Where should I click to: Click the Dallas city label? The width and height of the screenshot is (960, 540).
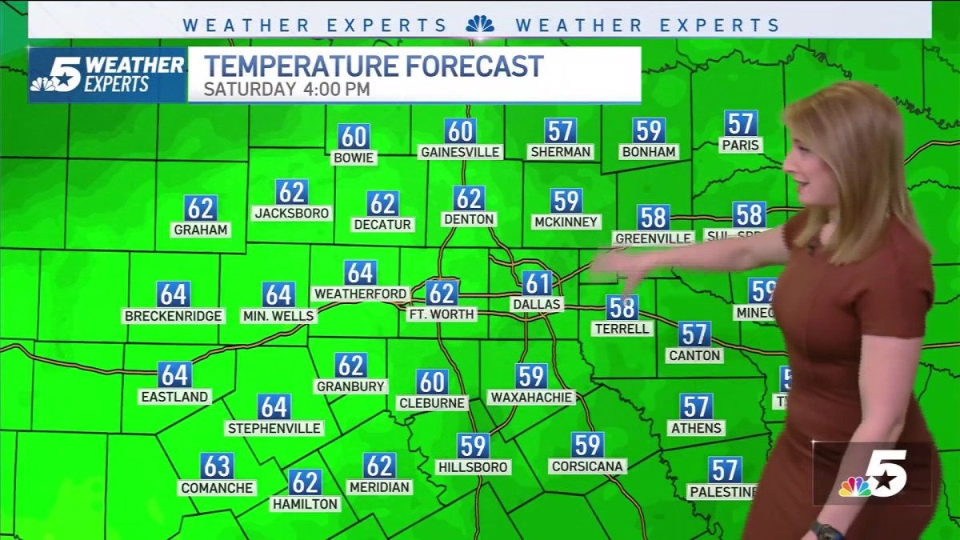pyautogui.click(x=537, y=305)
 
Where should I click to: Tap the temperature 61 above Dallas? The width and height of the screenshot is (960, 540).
pyautogui.click(x=537, y=283)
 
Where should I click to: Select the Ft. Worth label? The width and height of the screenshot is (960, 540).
pyautogui.click(x=442, y=314)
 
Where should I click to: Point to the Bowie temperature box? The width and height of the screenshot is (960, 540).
pyautogui.click(x=354, y=137)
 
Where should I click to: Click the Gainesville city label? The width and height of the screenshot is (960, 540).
pyautogui.click(x=460, y=152)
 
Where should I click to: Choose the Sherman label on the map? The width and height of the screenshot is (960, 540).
pyautogui.click(x=560, y=152)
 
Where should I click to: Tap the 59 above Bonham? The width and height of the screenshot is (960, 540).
pyautogui.click(x=648, y=130)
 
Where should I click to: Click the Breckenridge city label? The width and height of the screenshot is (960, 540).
pyautogui.click(x=173, y=316)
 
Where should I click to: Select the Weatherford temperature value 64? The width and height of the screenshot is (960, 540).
pyautogui.click(x=360, y=273)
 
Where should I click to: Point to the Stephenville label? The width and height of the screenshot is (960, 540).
pyautogui.click(x=274, y=428)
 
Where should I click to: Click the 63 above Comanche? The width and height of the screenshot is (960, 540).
pyautogui.click(x=217, y=466)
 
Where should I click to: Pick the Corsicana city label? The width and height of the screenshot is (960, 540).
pyautogui.click(x=587, y=466)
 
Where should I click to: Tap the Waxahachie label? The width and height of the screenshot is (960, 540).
pyautogui.click(x=531, y=397)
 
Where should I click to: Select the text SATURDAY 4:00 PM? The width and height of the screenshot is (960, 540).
pyautogui.click(x=286, y=89)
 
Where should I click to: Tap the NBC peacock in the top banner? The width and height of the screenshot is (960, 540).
pyautogui.click(x=480, y=25)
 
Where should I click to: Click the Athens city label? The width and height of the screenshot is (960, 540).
pyautogui.click(x=696, y=428)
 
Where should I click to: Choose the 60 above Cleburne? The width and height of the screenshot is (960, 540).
pyautogui.click(x=432, y=382)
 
